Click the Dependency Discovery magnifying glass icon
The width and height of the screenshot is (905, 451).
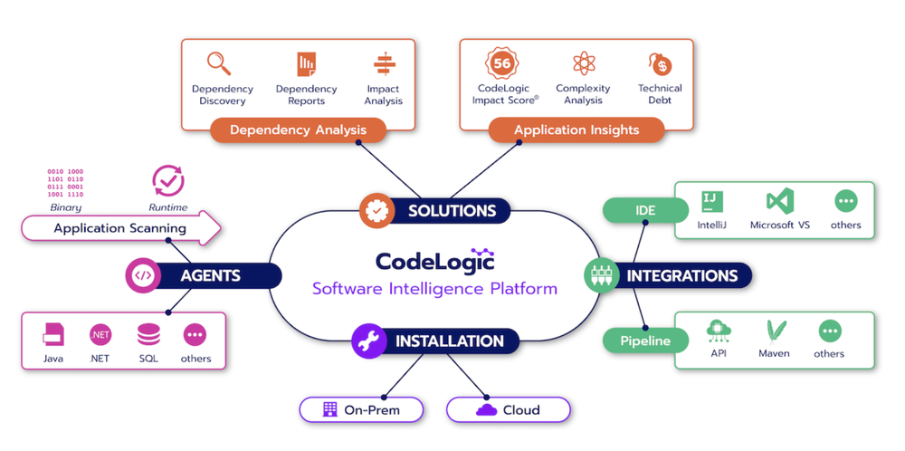217,63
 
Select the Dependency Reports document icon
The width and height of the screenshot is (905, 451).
306,64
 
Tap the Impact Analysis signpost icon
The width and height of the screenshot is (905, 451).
383,64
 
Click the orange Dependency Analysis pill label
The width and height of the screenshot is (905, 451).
298,130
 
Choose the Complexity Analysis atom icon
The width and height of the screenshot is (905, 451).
583,63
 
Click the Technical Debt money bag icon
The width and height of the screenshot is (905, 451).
660,64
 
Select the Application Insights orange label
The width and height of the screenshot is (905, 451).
576,130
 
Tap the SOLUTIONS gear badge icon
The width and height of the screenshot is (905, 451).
375,210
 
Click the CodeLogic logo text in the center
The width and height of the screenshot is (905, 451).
434,261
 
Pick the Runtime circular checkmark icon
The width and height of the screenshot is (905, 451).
167,181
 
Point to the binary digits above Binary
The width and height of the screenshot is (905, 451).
65,182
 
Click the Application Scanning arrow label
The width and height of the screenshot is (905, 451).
119,227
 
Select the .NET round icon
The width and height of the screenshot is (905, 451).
100,335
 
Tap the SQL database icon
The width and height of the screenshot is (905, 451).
148,335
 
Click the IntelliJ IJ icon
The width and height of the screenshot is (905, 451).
712,201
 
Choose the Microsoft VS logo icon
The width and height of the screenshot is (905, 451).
779,201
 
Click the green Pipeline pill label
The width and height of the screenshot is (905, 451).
644,341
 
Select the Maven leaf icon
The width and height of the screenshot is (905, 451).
775,331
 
